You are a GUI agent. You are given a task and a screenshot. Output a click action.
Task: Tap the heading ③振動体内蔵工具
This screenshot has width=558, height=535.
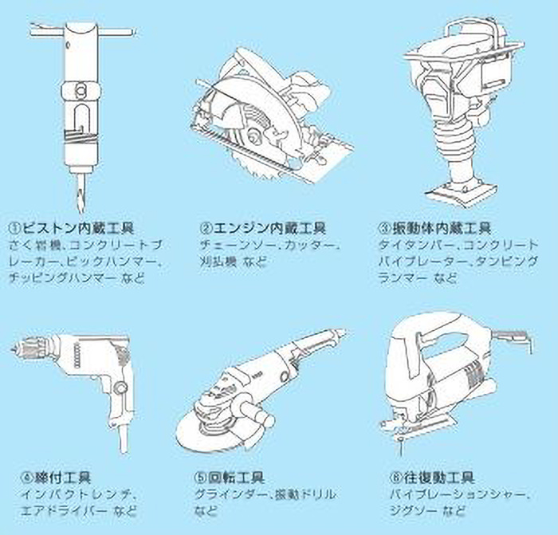[x=434, y=228]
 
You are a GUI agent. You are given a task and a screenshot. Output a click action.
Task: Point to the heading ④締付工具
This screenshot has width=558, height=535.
[x=49, y=479]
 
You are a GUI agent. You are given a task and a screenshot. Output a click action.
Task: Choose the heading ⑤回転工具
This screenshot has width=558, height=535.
[x=227, y=479]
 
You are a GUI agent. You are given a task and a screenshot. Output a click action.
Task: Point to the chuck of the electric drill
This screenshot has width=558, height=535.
[x=29, y=348]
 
